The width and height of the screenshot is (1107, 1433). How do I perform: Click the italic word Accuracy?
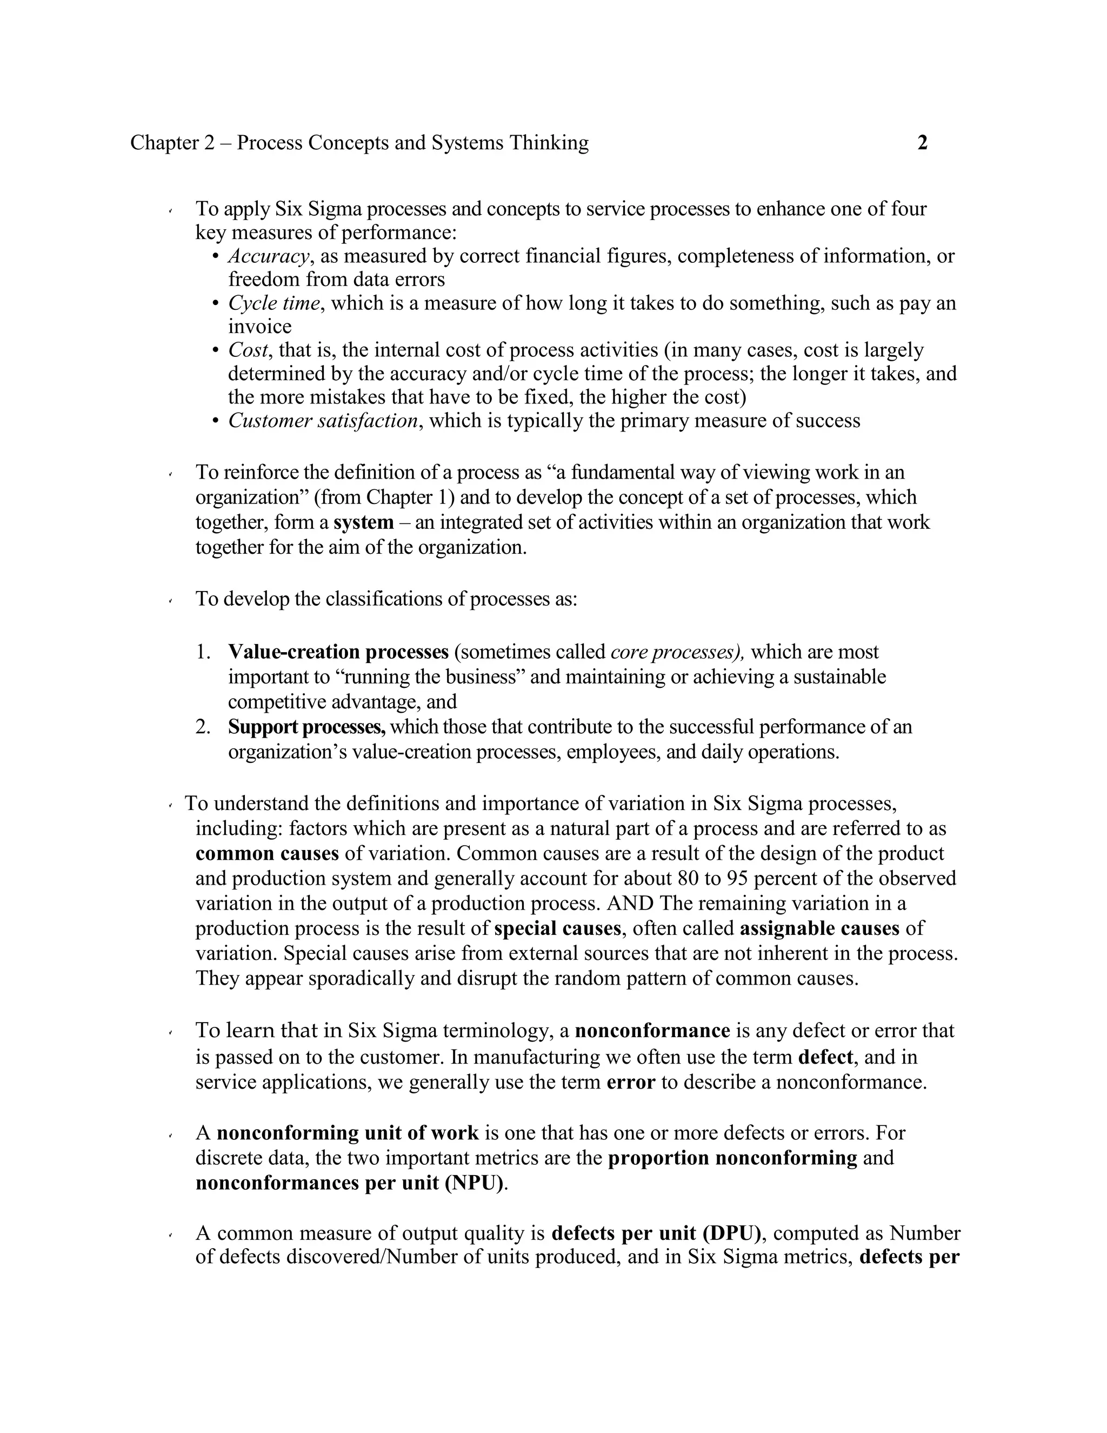point(268,256)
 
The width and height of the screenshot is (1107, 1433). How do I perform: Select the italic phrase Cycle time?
point(274,303)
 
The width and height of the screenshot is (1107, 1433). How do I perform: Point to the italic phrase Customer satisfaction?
point(323,421)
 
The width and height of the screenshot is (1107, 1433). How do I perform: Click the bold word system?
point(363,523)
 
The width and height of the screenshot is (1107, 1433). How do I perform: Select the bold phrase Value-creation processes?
point(338,652)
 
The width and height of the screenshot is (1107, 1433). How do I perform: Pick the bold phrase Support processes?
point(307,727)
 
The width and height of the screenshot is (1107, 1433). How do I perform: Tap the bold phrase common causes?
point(267,854)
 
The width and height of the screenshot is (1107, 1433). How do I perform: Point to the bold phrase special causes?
point(557,928)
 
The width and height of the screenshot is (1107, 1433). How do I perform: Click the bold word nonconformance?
point(652,1031)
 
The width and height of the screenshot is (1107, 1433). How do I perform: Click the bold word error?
point(630,1082)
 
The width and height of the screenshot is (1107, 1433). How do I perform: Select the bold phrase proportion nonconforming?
point(732,1158)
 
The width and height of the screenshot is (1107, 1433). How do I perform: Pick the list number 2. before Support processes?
point(203,727)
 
